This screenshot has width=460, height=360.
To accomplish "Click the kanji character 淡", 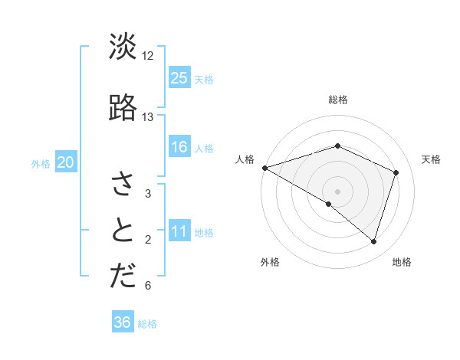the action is pyautogui.click(x=123, y=47).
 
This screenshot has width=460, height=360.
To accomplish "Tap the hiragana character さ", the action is pyautogui.click(x=123, y=184).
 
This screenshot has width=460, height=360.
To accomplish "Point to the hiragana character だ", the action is pyautogui.click(x=123, y=277).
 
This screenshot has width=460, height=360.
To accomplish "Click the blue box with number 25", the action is pyautogui.click(x=179, y=78).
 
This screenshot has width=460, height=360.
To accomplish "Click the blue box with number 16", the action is pyautogui.click(x=179, y=147).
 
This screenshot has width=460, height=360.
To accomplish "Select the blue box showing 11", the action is pyautogui.click(x=179, y=232).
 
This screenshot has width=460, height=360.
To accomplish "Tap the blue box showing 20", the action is pyautogui.click(x=66, y=162).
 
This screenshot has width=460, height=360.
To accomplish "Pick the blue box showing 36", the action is pyautogui.click(x=123, y=322).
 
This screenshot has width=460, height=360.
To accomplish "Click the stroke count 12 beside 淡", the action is pyautogui.click(x=148, y=56).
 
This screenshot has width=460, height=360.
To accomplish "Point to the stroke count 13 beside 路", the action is pyautogui.click(x=148, y=117).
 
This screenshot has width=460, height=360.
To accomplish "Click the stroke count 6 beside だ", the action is pyautogui.click(x=148, y=286).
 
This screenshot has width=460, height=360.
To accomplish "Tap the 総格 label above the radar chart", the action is pyautogui.click(x=338, y=100).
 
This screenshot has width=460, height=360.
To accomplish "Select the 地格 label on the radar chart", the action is pyautogui.click(x=402, y=262).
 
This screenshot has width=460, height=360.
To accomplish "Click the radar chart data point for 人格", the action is pyautogui.click(x=264, y=167).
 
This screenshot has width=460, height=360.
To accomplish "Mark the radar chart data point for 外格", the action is pyautogui.click(x=329, y=204).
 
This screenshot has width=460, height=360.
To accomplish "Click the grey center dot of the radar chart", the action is pyautogui.click(x=338, y=191).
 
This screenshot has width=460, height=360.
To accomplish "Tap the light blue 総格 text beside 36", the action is pyautogui.click(x=147, y=324).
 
